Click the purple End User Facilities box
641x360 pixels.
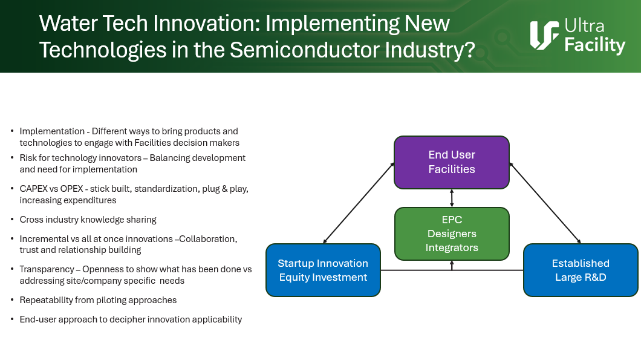tap(452, 162)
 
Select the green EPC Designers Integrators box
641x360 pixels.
tap(452, 234)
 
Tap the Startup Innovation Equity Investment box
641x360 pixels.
tap(323, 270)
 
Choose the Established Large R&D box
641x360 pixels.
tap(581, 270)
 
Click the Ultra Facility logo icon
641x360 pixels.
tap(544, 36)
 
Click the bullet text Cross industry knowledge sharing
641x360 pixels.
tap(88, 220)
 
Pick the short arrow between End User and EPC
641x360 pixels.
tap(452, 198)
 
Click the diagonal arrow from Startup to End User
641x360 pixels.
tap(359, 203)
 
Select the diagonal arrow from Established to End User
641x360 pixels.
tap(545, 203)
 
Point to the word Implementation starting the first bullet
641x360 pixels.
tap(52, 131)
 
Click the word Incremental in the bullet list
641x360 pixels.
tap(45, 239)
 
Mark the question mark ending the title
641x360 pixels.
tap(470, 50)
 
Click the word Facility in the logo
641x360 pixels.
tap(595, 45)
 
